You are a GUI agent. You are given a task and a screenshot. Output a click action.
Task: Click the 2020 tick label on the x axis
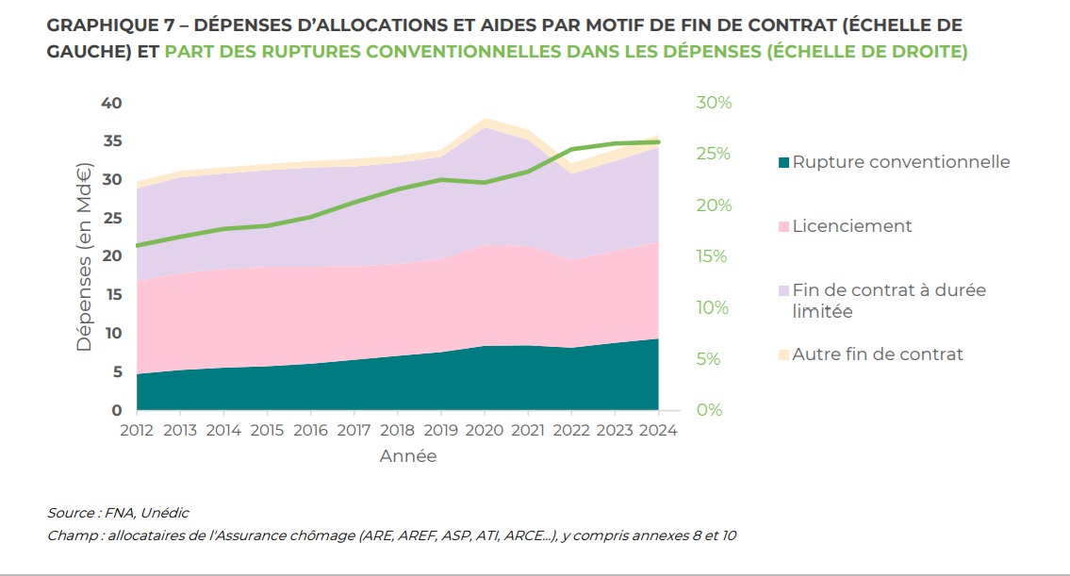(484, 431)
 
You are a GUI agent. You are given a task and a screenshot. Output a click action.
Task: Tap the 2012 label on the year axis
(137, 431)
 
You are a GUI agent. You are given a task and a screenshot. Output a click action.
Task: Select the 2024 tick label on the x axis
(658, 431)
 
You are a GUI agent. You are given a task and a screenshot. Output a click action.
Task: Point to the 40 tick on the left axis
(111, 103)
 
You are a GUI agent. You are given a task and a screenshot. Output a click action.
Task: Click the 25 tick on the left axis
(111, 218)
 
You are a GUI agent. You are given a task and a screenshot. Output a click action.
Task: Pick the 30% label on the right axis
(714, 103)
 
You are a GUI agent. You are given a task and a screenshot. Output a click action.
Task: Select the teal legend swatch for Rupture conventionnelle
(782, 163)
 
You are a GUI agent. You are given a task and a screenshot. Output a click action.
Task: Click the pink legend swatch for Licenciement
(782, 227)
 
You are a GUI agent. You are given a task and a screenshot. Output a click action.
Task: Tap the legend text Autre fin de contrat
(878, 354)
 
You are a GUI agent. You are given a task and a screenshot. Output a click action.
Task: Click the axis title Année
(408, 456)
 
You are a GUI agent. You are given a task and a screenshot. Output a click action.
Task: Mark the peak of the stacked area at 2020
(485, 120)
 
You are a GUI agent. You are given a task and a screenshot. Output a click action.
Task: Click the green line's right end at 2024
(658, 142)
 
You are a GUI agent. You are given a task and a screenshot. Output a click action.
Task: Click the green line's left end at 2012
(138, 245)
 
